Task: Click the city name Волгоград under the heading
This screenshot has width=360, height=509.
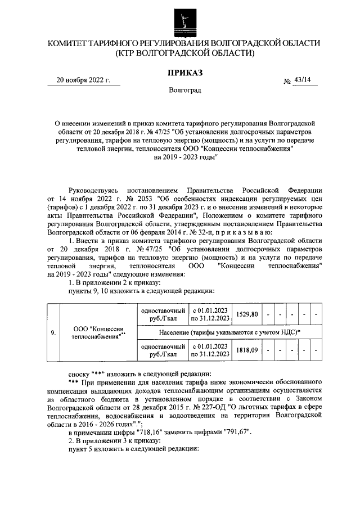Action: point(184,90)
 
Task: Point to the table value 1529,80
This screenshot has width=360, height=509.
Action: point(247,314)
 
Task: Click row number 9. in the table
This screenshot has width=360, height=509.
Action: point(53,332)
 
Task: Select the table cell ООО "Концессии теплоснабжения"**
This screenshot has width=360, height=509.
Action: point(99,332)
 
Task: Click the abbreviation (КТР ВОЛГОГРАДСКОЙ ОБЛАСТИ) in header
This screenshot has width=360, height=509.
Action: point(184,53)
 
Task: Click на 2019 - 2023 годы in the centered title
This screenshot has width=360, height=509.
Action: point(184,158)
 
